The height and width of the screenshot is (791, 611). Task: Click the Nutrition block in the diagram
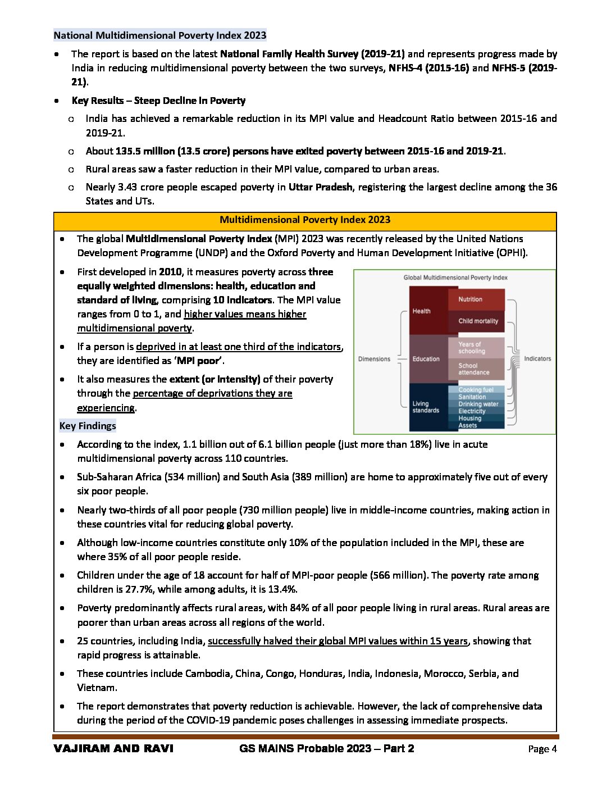476,299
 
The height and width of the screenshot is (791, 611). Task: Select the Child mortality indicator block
476,321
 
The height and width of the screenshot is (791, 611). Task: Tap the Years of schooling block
476,348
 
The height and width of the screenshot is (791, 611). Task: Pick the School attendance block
476,369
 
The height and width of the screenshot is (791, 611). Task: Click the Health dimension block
427,311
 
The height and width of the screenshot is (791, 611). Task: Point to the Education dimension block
427,359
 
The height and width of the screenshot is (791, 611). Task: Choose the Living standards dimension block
427,407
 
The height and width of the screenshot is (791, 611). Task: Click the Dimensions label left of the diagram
374,359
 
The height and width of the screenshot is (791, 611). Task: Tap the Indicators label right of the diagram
537,358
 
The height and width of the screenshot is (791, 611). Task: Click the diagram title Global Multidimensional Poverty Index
455,278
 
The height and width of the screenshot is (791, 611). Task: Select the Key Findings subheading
88,426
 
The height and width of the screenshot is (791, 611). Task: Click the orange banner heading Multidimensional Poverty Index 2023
305,220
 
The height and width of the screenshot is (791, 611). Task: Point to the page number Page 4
542,749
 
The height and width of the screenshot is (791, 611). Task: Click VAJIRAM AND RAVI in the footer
113,748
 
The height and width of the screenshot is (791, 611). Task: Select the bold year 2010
170,272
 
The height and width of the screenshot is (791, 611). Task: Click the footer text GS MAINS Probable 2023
305,748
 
